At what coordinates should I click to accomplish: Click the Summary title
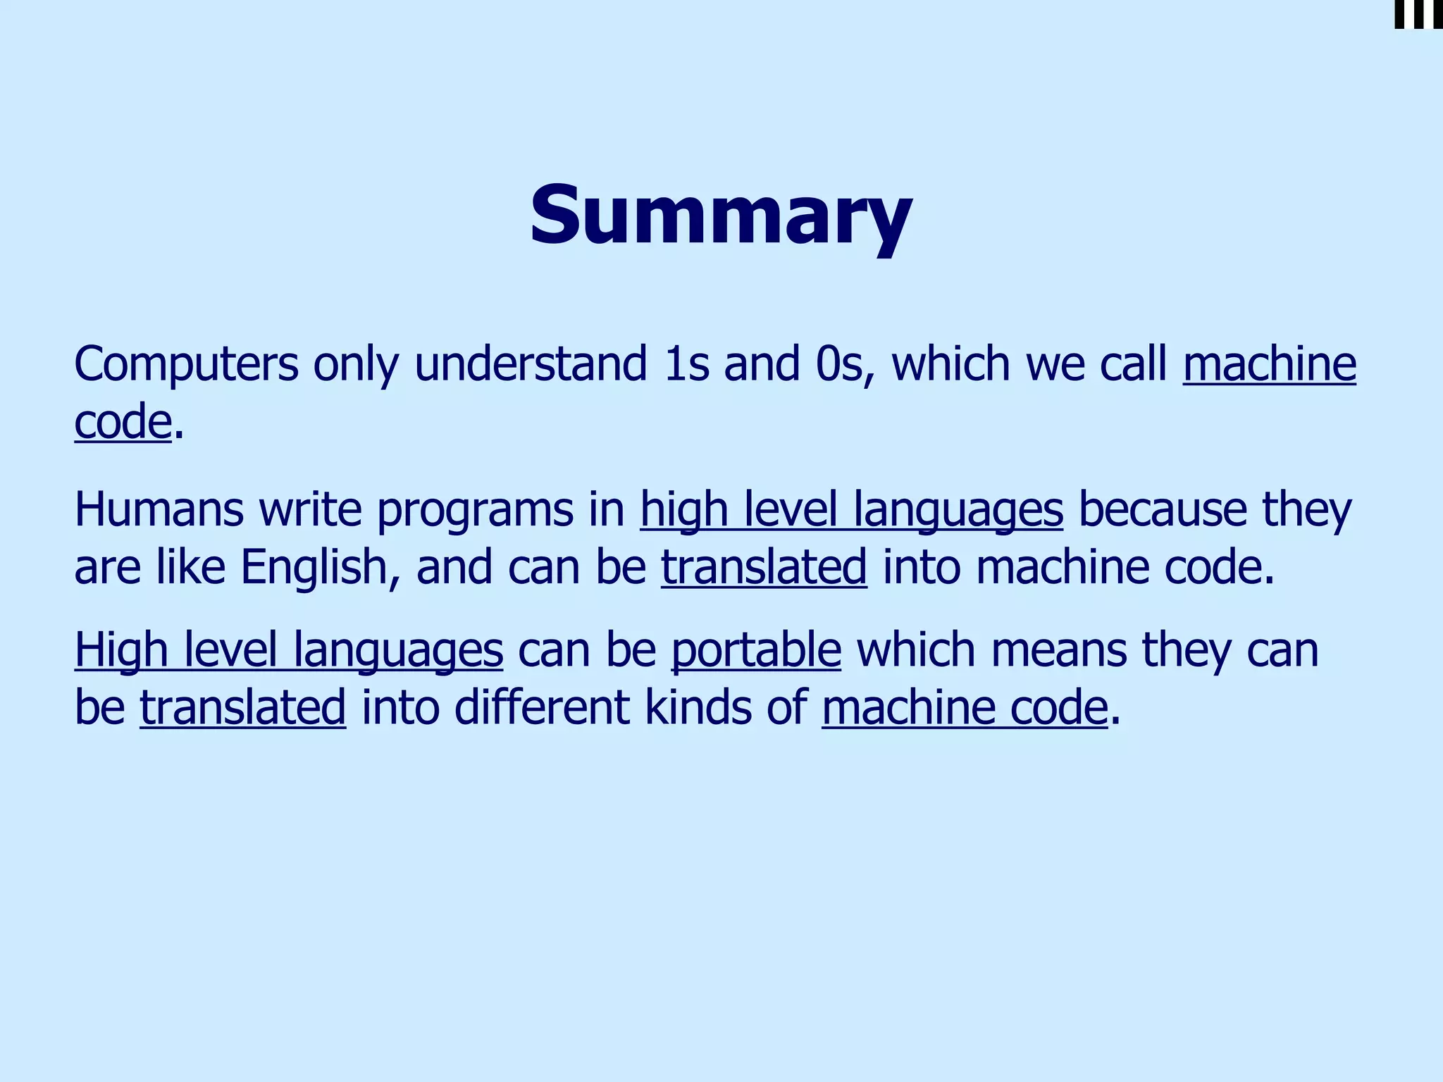tap(721, 216)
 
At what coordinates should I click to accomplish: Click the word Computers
tap(186, 365)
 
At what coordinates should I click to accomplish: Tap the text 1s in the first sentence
tap(686, 365)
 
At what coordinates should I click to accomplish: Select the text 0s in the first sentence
tap(841, 365)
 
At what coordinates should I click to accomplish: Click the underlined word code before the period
tap(123, 423)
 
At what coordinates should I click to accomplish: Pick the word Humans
tap(159, 510)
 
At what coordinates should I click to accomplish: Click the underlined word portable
tap(756, 649)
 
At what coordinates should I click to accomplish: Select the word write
tap(311, 510)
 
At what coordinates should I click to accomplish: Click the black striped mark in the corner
tap(1418, 14)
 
